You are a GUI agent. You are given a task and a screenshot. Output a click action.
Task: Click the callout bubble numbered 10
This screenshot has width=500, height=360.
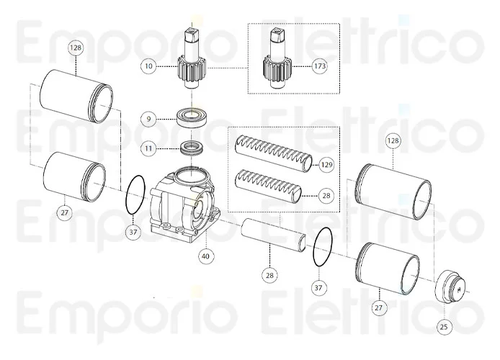coord(148,66)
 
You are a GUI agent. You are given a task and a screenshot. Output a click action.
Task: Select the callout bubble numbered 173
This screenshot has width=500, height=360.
coord(320,66)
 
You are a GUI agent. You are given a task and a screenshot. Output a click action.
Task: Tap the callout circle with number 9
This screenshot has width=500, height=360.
coord(148,118)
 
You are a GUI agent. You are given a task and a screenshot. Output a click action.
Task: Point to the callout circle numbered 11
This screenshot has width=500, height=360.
coord(148,148)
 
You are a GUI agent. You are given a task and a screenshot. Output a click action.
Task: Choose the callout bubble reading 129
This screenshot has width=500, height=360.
coord(326,165)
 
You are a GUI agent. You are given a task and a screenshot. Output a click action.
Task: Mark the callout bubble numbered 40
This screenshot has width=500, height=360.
coord(205,255)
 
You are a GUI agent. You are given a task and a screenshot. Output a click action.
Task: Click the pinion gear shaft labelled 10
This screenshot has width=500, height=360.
coord(191,61)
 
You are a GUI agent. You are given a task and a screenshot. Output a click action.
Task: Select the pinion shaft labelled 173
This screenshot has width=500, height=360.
coord(278,61)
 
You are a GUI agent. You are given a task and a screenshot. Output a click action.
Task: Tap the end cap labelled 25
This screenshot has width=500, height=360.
coord(453,288)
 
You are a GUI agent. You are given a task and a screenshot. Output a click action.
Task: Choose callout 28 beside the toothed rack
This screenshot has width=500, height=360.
coord(326,194)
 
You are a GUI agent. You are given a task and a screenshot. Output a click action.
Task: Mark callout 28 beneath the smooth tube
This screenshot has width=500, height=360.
coord(269,275)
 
